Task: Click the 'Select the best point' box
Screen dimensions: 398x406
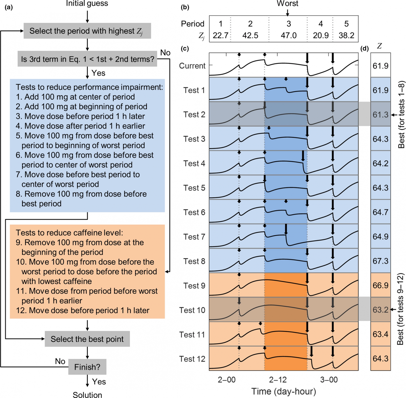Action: [87, 339]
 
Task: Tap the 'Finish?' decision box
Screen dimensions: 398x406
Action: [87, 367]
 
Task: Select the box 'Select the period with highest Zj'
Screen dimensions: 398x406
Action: [87, 31]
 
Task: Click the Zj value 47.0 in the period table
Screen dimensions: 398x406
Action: [289, 35]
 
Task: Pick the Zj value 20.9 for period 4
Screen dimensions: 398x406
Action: [320, 35]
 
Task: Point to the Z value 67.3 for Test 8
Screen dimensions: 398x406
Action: [380, 261]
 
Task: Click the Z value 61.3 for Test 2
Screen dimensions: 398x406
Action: [380, 115]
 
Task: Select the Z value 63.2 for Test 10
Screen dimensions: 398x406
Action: [380, 310]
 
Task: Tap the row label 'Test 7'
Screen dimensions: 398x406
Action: [194, 237]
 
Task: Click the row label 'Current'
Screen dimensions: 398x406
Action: [192, 66]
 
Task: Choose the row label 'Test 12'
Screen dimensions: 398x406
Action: [192, 359]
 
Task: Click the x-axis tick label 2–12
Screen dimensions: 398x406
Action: [278, 380]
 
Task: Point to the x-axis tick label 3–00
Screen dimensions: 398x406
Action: [329, 380]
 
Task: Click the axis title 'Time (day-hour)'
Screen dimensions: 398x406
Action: [283, 391]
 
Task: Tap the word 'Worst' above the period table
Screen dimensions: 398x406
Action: [287, 4]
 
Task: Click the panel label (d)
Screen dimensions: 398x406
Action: [364, 48]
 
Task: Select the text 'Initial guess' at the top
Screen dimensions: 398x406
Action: [87, 4]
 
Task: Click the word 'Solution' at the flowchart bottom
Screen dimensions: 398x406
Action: [87, 395]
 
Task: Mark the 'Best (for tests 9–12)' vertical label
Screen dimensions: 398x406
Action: [400, 309]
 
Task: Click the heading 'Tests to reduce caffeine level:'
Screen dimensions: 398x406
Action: [69, 233]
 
